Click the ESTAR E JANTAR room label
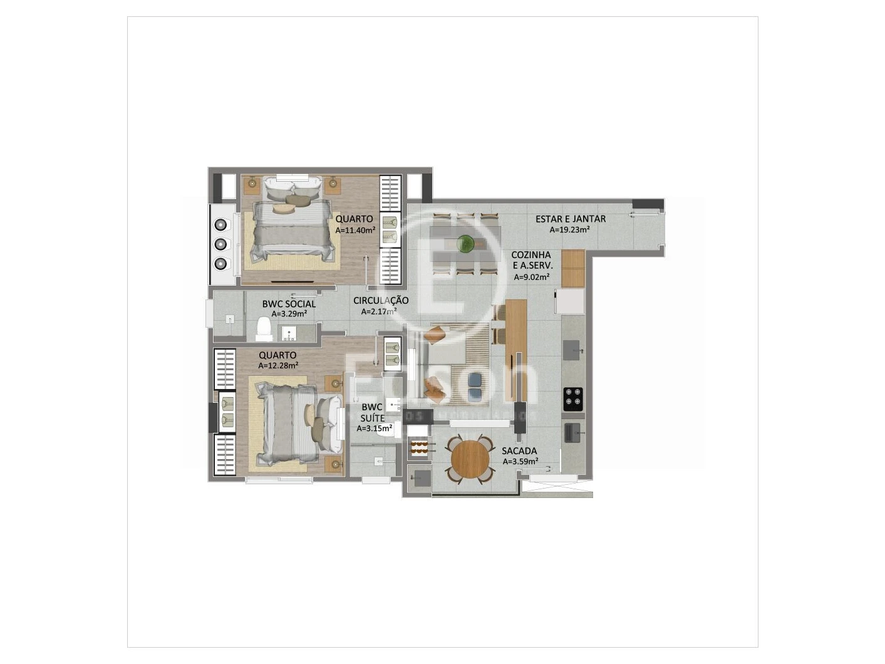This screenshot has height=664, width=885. point(570,219)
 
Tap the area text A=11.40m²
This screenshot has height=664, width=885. point(355,230)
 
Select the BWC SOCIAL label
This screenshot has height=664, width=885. point(289,304)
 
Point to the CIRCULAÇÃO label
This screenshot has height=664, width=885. point(381,301)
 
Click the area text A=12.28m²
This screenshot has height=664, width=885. point(278,366)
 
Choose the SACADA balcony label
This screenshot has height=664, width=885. point(519,451)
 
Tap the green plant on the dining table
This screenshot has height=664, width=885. point(465,242)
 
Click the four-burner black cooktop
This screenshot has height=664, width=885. point(572,398)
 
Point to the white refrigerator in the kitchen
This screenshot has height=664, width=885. point(570,301)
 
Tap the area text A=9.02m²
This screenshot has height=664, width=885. point(532,277)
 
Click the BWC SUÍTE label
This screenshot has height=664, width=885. point(372,412)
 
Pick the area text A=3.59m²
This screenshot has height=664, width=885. point(520,462)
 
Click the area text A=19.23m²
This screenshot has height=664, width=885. point(569,229)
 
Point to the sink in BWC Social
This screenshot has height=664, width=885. point(290,332)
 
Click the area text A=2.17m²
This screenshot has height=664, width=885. point(379,311)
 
